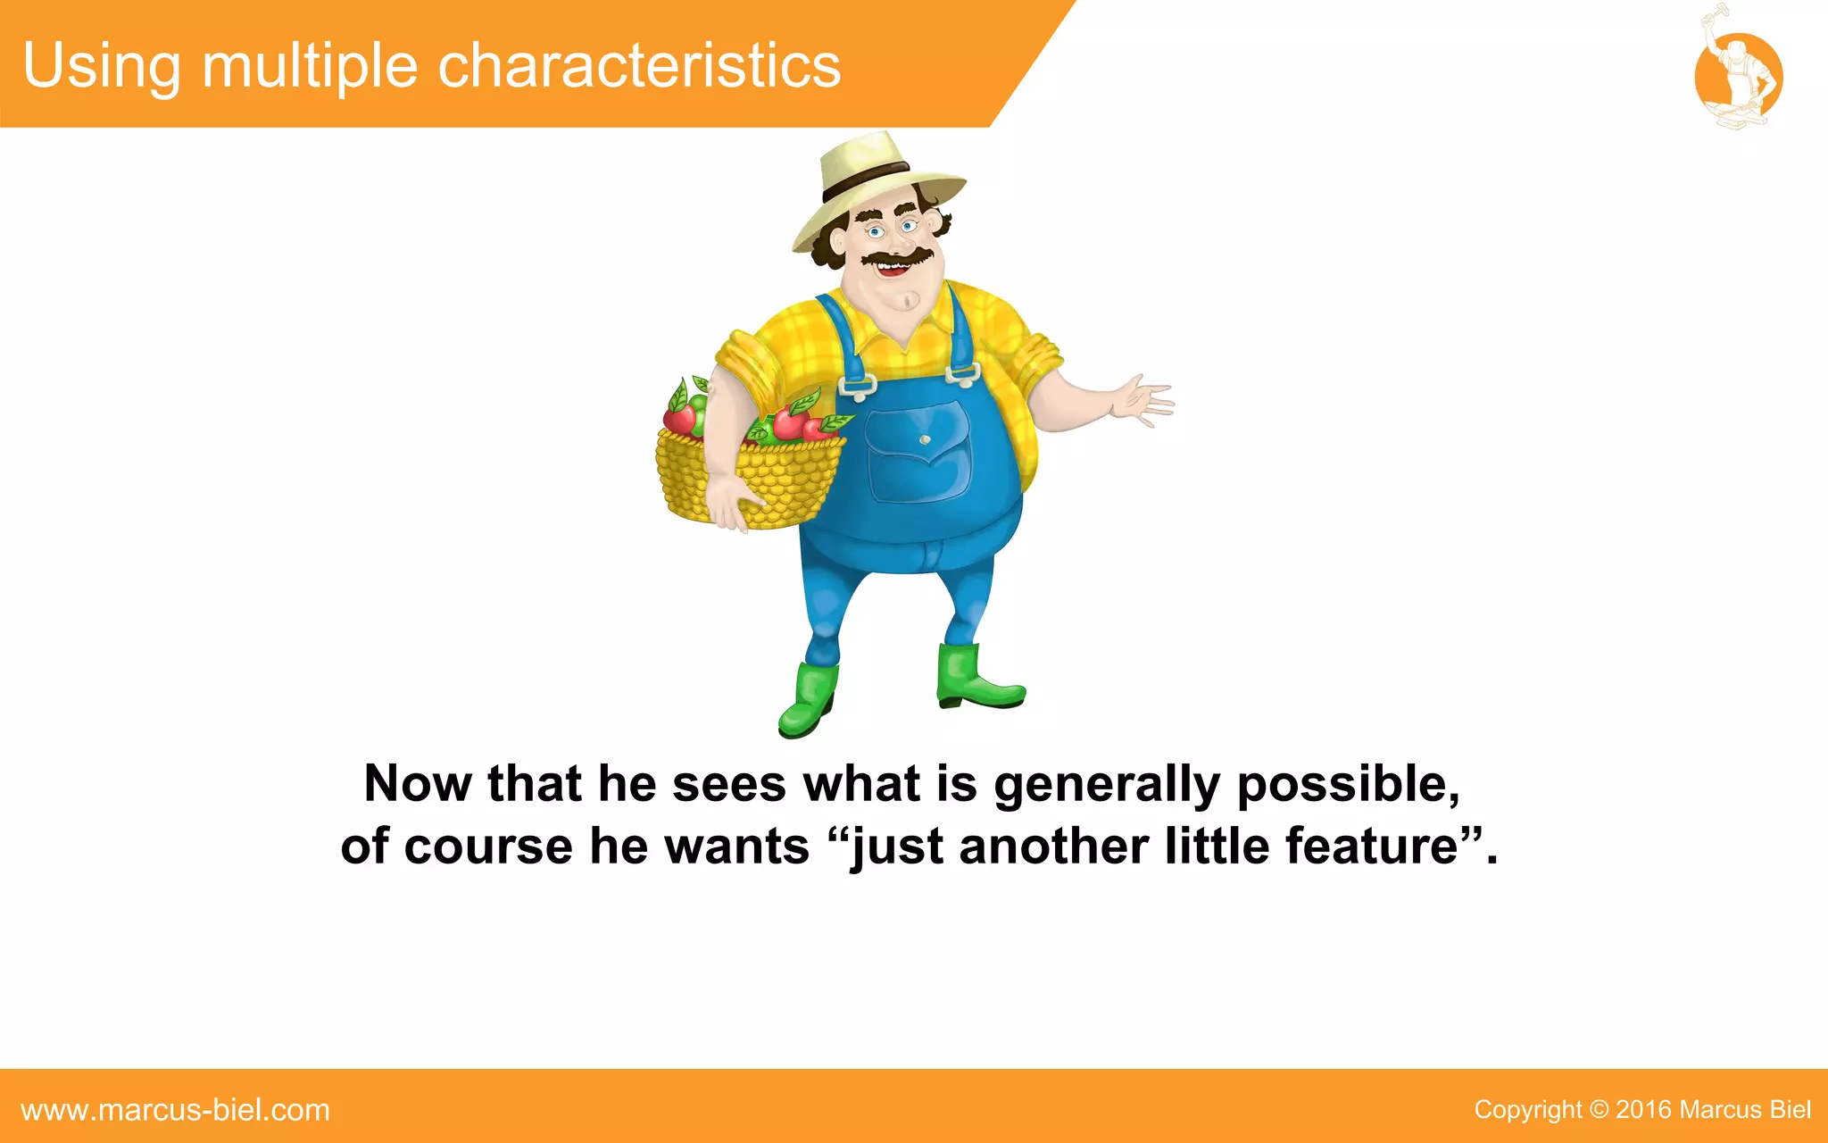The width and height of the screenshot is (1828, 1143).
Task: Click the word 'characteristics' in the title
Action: [639, 66]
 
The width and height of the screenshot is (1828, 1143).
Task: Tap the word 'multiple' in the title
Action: [310, 68]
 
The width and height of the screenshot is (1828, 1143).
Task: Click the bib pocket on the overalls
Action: [919, 451]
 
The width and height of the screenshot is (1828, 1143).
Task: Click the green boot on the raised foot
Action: [976, 678]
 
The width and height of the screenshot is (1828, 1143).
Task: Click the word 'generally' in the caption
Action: [1106, 785]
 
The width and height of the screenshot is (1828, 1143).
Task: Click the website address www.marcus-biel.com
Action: [175, 1110]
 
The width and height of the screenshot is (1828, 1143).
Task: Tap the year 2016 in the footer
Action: [1643, 1110]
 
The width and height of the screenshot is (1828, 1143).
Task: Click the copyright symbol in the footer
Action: [1599, 1110]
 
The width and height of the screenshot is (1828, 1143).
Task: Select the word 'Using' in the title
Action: [102, 68]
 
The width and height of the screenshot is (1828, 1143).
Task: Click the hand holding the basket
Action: [734, 505]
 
